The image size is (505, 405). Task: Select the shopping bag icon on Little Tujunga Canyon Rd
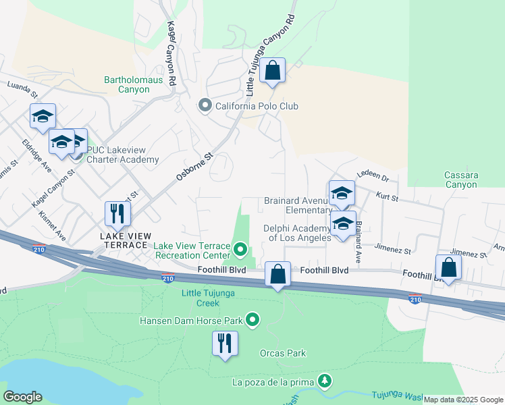pos(272,70)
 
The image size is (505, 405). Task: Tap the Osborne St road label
pos(194,166)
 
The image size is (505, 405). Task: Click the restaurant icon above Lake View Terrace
pos(118,214)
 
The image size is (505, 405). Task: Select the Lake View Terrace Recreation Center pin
pos(239,251)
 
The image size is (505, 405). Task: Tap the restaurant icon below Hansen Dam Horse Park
pos(225,343)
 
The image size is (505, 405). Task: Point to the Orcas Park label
pos(283,353)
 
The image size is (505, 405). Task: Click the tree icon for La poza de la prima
pos(325,381)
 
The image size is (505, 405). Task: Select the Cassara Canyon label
pos(461,180)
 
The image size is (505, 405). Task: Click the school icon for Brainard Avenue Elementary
pos(342,193)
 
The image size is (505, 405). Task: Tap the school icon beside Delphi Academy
pos(343,223)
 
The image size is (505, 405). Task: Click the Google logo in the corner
pos(22,397)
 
